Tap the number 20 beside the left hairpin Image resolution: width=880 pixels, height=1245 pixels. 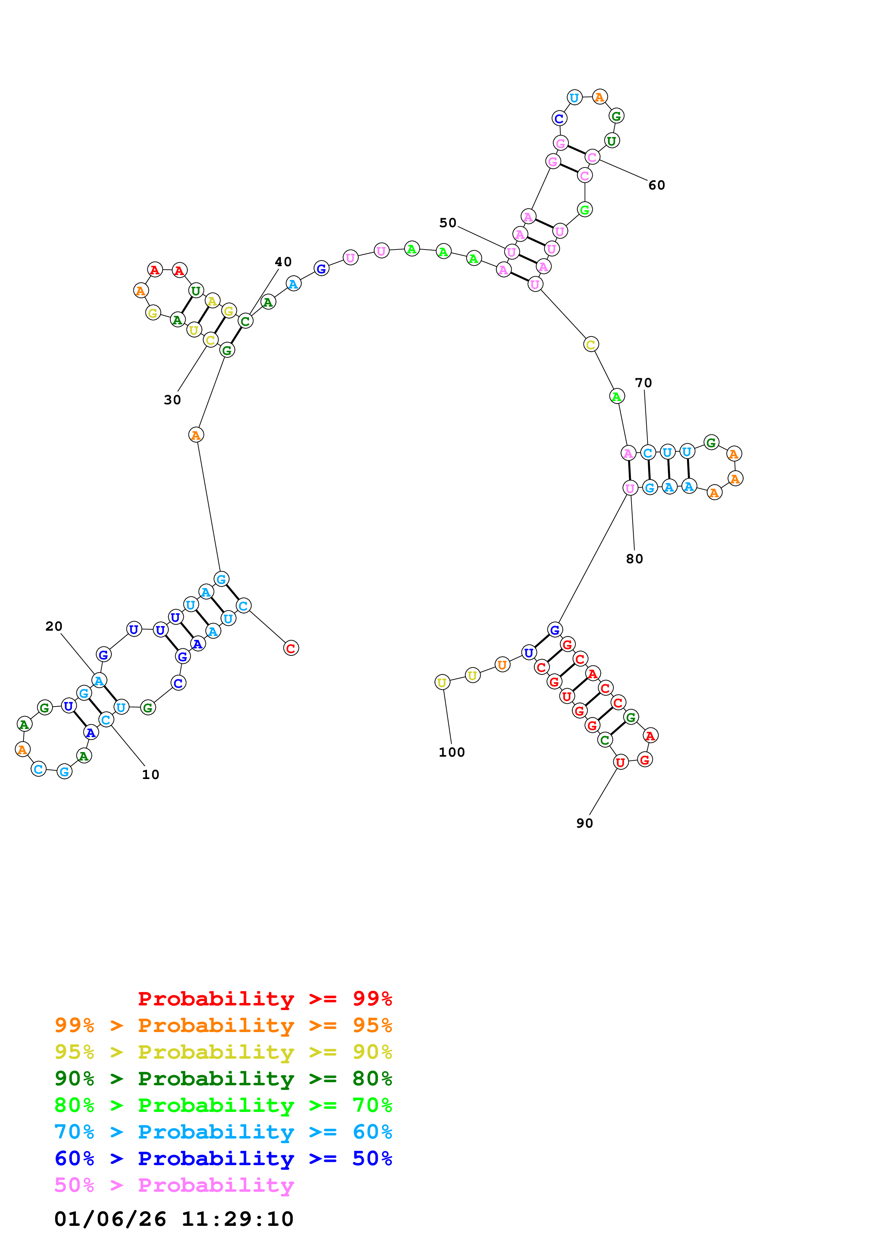pos(54,626)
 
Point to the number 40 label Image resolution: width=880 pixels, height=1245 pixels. pos(283,262)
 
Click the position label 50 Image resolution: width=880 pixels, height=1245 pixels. pos(448,223)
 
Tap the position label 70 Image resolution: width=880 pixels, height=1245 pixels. pos(644,383)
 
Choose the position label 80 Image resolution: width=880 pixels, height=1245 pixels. pos(634,559)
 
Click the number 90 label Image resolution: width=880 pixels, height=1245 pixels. pos(585,823)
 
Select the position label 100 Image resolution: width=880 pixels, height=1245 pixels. pos(452,752)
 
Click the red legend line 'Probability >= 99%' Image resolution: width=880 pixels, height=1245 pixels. pos(265,998)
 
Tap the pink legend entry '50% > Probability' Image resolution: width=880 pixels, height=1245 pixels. pos(174,1185)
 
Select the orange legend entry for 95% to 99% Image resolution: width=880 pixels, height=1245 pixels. pos(223,1025)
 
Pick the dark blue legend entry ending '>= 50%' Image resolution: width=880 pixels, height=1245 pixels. pos(223,1158)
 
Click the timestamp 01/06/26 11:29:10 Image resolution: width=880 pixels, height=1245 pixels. pos(174,1218)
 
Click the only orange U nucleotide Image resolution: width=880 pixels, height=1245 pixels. pos(502,664)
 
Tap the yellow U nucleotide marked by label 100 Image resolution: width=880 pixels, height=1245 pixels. pos(442,682)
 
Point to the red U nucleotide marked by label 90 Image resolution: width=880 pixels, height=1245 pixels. pos(620,762)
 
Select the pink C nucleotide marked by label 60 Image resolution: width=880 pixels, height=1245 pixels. pos(592,157)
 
